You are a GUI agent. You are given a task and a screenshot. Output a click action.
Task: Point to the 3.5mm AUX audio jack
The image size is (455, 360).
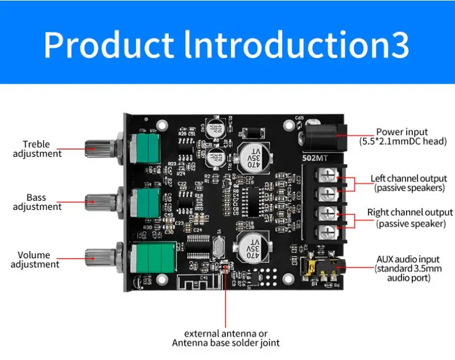click(x=321, y=267)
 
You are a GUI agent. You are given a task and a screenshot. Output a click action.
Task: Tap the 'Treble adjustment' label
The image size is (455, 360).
click(x=37, y=149)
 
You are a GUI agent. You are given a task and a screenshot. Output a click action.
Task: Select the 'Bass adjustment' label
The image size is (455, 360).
click(x=37, y=202)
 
